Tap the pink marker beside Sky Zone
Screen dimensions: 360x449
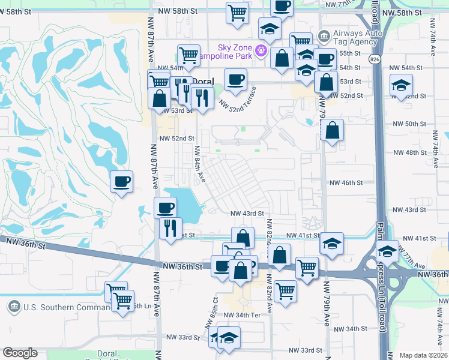coord(261,50)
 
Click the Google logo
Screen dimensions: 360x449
coord(20,353)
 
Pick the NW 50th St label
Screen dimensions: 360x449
coord(408,124)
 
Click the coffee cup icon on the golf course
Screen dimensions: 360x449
coord(121,181)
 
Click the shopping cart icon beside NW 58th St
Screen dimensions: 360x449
coord(238,13)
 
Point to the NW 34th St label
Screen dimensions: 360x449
coord(348,329)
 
